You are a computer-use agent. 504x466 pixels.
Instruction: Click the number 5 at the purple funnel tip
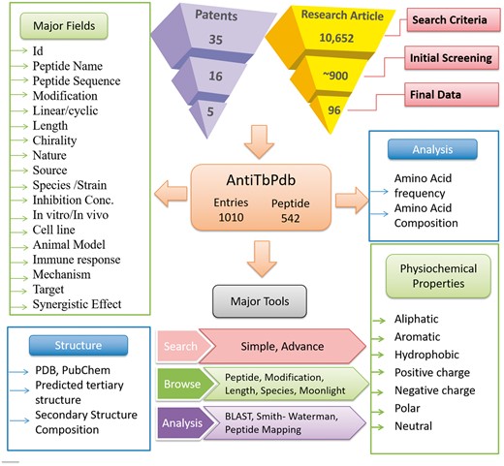pos(219,113)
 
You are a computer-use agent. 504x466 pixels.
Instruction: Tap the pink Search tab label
pos(180,346)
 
